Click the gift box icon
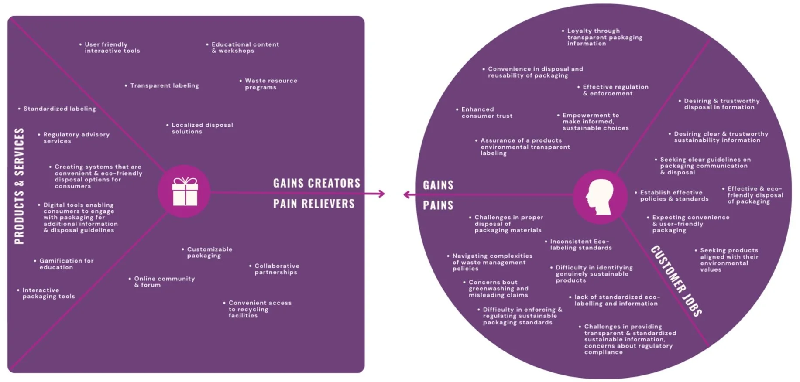[185, 191]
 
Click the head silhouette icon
[600, 197]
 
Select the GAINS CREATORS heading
[316, 183]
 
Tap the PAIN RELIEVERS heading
[314, 204]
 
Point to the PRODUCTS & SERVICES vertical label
[19, 186]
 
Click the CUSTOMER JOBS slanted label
[676, 281]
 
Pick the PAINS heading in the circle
[438, 205]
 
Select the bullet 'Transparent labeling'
[164, 86]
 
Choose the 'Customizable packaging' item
[209, 252]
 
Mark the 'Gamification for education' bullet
[66, 264]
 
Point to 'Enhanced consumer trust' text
[486, 113]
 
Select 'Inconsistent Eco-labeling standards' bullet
[580, 245]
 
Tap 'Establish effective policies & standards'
[673, 196]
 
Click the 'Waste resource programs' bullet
[270, 84]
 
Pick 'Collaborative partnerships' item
[276, 269]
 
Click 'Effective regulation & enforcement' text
[615, 90]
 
